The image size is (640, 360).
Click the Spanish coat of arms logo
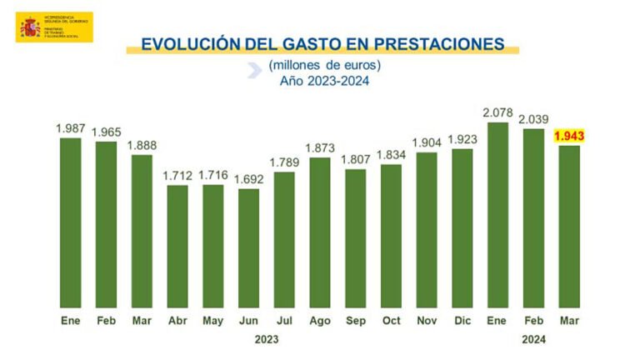[x=31, y=27]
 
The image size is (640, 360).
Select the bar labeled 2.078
[x=498, y=214]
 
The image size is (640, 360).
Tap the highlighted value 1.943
[x=569, y=136]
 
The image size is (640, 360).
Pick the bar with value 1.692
[x=248, y=247]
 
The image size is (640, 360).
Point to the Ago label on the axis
[x=319, y=320]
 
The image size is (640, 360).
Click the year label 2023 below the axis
[x=266, y=339]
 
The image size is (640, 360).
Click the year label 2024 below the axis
[x=532, y=339]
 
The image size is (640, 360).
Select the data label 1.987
[x=71, y=127]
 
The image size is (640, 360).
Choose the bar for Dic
[x=462, y=227]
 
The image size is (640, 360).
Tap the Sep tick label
[x=355, y=320]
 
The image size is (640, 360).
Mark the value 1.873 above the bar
[x=319, y=147]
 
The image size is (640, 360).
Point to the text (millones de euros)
[x=324, y=66]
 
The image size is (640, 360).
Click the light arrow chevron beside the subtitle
[x=253, y=72]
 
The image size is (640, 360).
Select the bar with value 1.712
[x=177, y=246]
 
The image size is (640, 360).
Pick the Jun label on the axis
[x=248, y=320]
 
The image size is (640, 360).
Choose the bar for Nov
[x=427, y=229]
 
